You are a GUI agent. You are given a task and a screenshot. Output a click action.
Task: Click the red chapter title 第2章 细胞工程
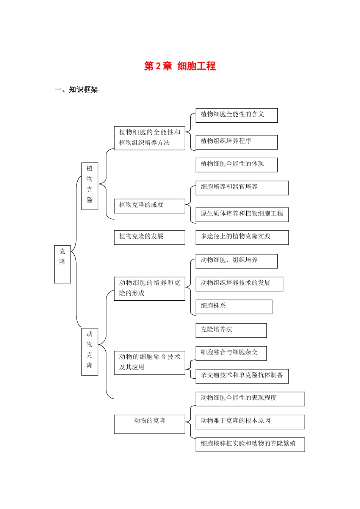(x=180, y=66)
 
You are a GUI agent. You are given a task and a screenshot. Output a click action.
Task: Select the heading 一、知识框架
(x=76, y=90)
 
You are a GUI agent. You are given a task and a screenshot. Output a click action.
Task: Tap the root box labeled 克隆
(x=63, y=264)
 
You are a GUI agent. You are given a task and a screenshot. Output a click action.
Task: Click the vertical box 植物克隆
(x=90, y=186)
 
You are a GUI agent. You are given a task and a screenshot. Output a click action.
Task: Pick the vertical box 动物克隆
(x=90, y=351)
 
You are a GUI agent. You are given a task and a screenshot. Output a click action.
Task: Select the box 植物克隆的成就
(x=149, y=206)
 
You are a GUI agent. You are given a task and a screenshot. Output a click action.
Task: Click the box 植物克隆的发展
(x=149, y=237)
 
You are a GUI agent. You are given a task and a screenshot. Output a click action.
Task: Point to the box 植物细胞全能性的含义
(x=236, y=115)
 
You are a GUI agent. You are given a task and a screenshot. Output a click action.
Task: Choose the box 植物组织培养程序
(x=236, y=142)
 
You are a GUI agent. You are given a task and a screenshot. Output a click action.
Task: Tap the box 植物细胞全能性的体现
(x=236, y=165)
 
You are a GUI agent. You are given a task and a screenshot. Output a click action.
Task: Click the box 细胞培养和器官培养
(x=242, y=188)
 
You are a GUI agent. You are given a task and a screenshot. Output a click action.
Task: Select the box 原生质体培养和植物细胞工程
(x=242, y=214)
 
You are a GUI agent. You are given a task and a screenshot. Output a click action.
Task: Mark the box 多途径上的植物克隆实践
(x=242, y=237)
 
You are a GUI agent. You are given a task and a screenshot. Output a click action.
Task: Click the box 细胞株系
(x=234, y=307)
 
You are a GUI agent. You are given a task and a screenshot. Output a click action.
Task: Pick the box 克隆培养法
(x=231, y=330)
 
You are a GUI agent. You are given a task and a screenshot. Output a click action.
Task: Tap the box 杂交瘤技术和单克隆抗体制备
(x=242, y=376)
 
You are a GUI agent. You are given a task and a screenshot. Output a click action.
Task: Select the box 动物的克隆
(x=149, y=424)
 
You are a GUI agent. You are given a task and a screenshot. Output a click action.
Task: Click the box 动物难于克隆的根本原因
(x=250, y=422)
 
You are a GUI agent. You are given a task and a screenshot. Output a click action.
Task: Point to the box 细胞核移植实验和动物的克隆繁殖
(x=250, y=444)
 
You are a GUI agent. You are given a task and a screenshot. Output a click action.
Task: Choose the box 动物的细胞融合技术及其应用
(x=149, y=362)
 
